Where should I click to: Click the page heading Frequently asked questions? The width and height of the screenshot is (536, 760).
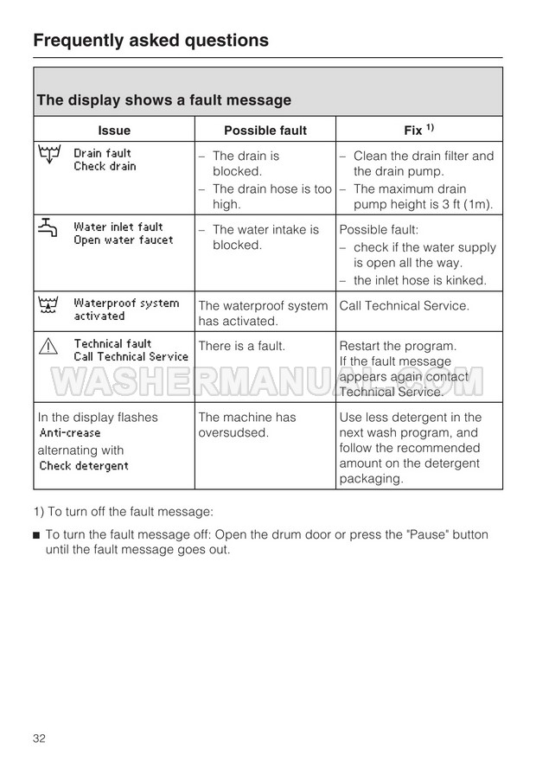pos(150,40)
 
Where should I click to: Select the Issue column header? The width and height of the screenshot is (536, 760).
pos(114,131)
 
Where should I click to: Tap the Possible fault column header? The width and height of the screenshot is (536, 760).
pos(265,131)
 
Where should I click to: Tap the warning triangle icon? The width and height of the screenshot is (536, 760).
pos(48,348)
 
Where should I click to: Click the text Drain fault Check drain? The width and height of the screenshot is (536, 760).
pos(105,160)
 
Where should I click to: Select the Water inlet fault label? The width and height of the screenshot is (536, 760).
pos(118,227)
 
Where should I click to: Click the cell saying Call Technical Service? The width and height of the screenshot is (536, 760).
pos(404,305)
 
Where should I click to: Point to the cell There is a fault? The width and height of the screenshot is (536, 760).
pos(241,346)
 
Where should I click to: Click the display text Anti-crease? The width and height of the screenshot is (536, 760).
pos(70,433)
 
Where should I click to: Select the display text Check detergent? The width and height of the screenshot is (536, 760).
pos(84,466)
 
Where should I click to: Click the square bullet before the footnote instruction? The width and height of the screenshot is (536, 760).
pos(36,535)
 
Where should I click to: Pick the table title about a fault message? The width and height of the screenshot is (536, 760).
pos(163,100)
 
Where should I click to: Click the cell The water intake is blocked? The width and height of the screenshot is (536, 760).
pos(265,237)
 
